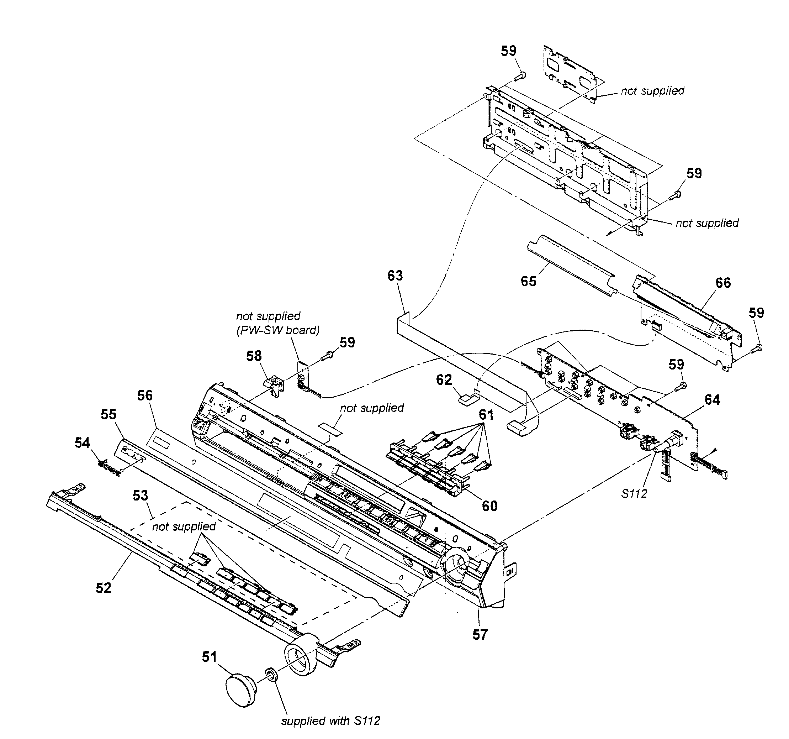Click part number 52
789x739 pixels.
click(x=104, y=588)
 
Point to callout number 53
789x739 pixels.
click(x=140, y=495)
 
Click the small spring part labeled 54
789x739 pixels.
click(x=109, y=467)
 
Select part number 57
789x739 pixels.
click(x=480, y=635)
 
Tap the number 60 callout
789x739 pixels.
click(x=489, y=506)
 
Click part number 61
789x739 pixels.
click(x=486, y=415)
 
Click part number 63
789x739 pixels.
click(x=395, y=276)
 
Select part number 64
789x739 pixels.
click(x=712, y=399)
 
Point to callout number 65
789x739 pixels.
click(x=528, y=281)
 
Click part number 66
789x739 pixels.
click(x=723, y=283)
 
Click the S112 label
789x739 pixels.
click(x=634, y=494)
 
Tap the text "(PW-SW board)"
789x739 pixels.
click(x=278, y=330)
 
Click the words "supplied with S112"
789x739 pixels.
click(x=330, y=721)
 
